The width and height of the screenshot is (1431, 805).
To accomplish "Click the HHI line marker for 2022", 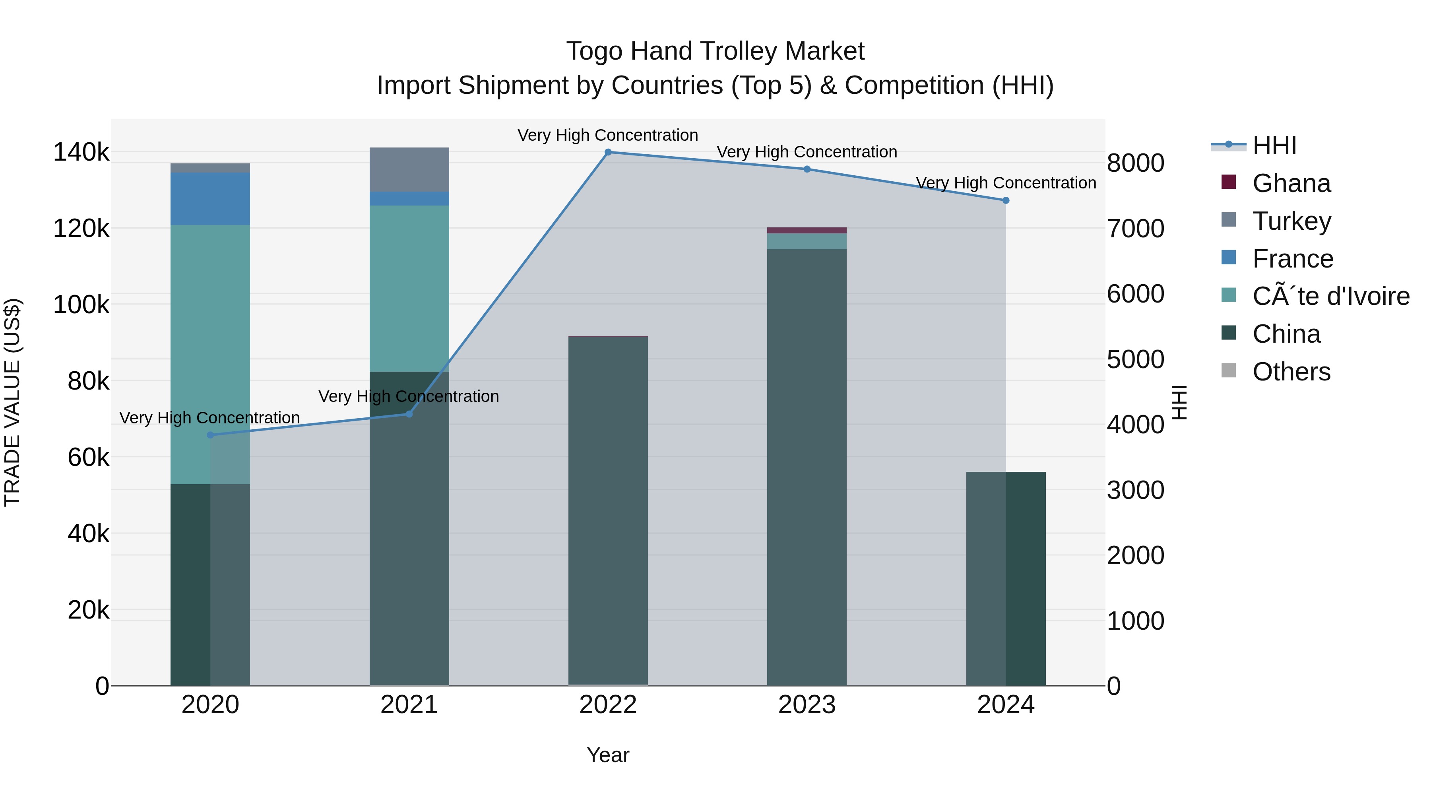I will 608,152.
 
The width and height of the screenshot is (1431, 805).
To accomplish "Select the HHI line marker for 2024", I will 1006,201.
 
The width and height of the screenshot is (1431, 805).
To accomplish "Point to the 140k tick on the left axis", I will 81,152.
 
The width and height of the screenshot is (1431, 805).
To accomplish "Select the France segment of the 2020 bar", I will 210,198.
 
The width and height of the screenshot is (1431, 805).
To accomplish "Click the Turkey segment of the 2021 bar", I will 409,169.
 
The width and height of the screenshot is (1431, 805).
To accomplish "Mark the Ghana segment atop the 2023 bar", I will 807,231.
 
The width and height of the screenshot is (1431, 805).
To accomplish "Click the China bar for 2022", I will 608,511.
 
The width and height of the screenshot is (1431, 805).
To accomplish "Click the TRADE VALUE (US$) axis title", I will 12,402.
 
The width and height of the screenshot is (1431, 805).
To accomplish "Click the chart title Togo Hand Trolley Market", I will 715,51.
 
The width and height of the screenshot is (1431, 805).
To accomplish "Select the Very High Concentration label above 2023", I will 807,152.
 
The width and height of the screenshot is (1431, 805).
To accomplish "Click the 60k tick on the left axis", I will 88,458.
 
